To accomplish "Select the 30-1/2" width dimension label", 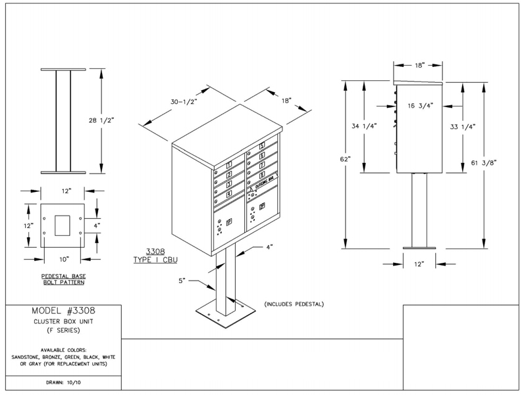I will tap(185, 103).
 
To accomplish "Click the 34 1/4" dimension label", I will tap(363, 126).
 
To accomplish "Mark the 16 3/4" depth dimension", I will tap(421, 105).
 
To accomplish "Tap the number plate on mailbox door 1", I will tap(229, 165).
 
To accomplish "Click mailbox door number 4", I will tap(228, 193).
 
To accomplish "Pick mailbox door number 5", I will tap(261, 146).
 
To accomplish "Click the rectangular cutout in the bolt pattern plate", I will tap(63, 225).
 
